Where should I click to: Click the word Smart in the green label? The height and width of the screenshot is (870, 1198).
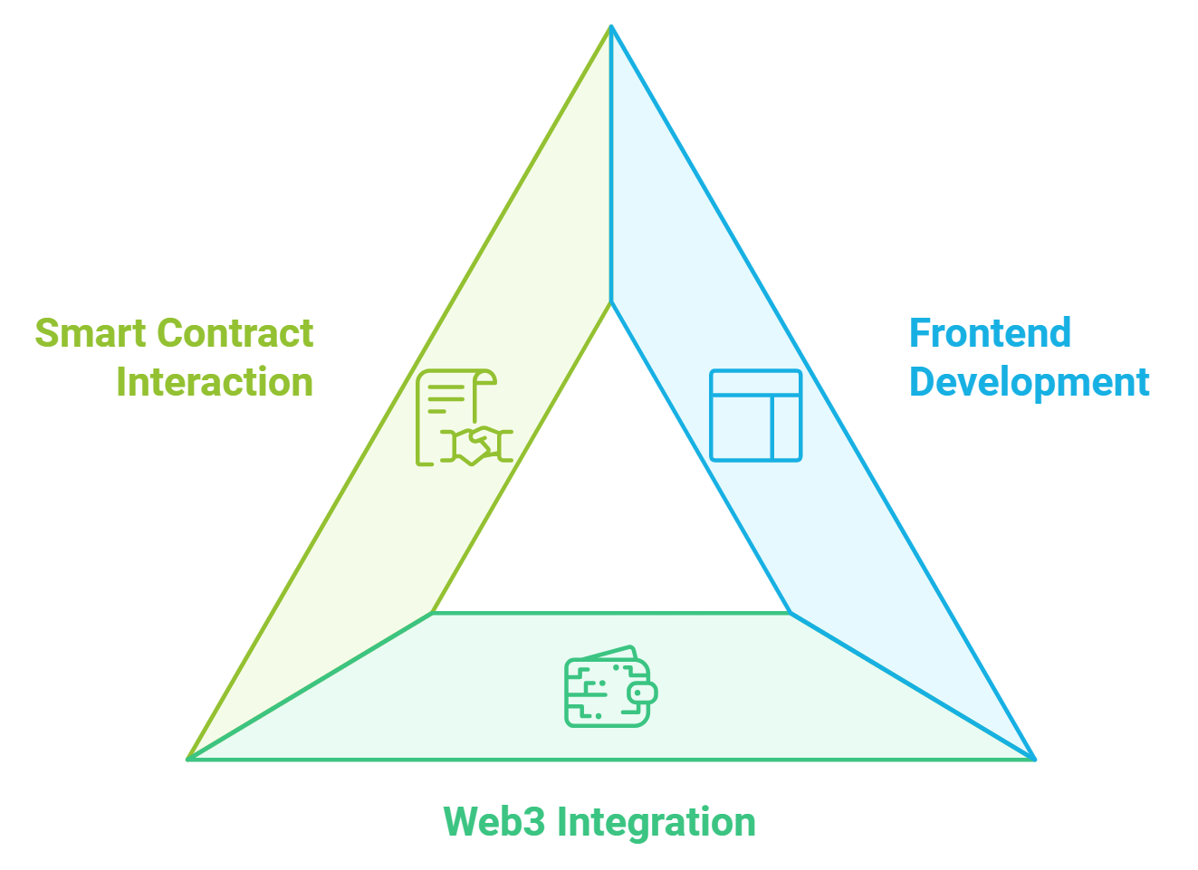tap(90, 333)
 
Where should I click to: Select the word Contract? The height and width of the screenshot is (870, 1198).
tap(235, 333)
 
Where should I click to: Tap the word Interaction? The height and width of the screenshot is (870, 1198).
tap(215, 382)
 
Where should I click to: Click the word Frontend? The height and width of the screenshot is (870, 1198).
tap(990, 333)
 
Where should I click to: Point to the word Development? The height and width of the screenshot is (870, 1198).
tap(1029, 382)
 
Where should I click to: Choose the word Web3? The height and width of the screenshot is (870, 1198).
tap(494, 822)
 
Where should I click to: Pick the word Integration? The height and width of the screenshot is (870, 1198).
tap(657, 822)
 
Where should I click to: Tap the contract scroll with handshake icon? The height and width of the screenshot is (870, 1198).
tap(463, 417)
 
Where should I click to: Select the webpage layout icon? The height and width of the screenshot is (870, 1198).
tap(755, 416)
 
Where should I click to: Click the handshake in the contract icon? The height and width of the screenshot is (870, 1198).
tap(477, 445)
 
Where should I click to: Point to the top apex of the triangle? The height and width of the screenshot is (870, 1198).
tap(611, 27)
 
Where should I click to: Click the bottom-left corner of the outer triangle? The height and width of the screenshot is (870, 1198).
tap(188, 758)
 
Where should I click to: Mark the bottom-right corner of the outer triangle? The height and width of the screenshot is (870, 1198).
tap(1034, 758)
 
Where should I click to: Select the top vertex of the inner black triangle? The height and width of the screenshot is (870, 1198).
tap(611, 304)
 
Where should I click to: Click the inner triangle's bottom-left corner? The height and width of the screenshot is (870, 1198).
tap(435, 612)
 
